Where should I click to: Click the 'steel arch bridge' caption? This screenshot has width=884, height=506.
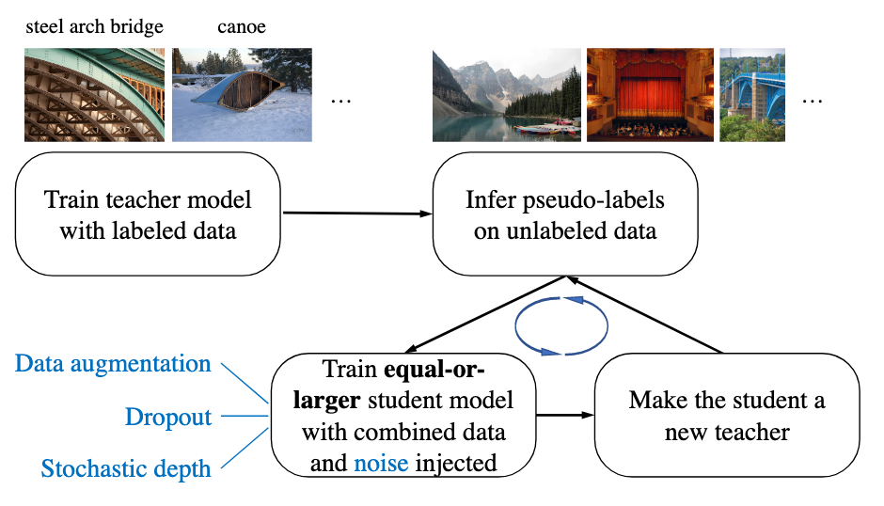pos(94,26)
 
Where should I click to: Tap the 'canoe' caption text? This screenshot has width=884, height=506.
pos(241,26)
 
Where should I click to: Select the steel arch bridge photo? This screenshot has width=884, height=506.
pos(94,95)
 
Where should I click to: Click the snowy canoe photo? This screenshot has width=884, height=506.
pos(243,95)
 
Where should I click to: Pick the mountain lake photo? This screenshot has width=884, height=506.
pos(505,95)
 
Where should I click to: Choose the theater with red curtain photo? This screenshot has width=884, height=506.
pos(650,95)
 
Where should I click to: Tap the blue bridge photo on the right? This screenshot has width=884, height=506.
pos(752,95)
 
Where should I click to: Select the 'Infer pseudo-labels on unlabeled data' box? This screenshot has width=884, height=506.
pos(565,214)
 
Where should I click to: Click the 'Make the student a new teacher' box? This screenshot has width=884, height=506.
pos(727,416)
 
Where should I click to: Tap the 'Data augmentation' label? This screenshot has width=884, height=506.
pos(114,364)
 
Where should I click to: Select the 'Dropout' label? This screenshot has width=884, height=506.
pos(168,417)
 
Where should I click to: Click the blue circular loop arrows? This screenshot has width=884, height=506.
pos(562,325)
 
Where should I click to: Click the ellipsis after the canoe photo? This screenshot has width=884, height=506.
pos(340,99)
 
